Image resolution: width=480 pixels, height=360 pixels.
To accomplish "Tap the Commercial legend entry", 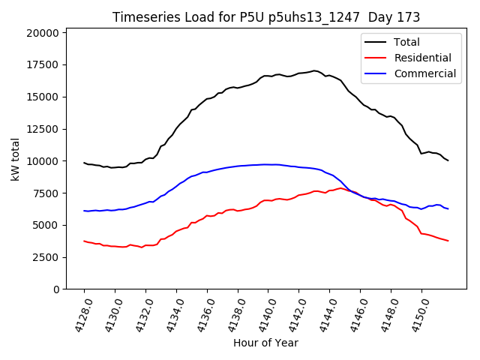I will coord(424,73).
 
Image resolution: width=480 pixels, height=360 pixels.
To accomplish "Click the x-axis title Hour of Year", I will coord(265,343).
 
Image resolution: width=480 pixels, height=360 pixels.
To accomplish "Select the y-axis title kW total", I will coord(15,159).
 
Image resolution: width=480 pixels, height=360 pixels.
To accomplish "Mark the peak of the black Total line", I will coord(314,70).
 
